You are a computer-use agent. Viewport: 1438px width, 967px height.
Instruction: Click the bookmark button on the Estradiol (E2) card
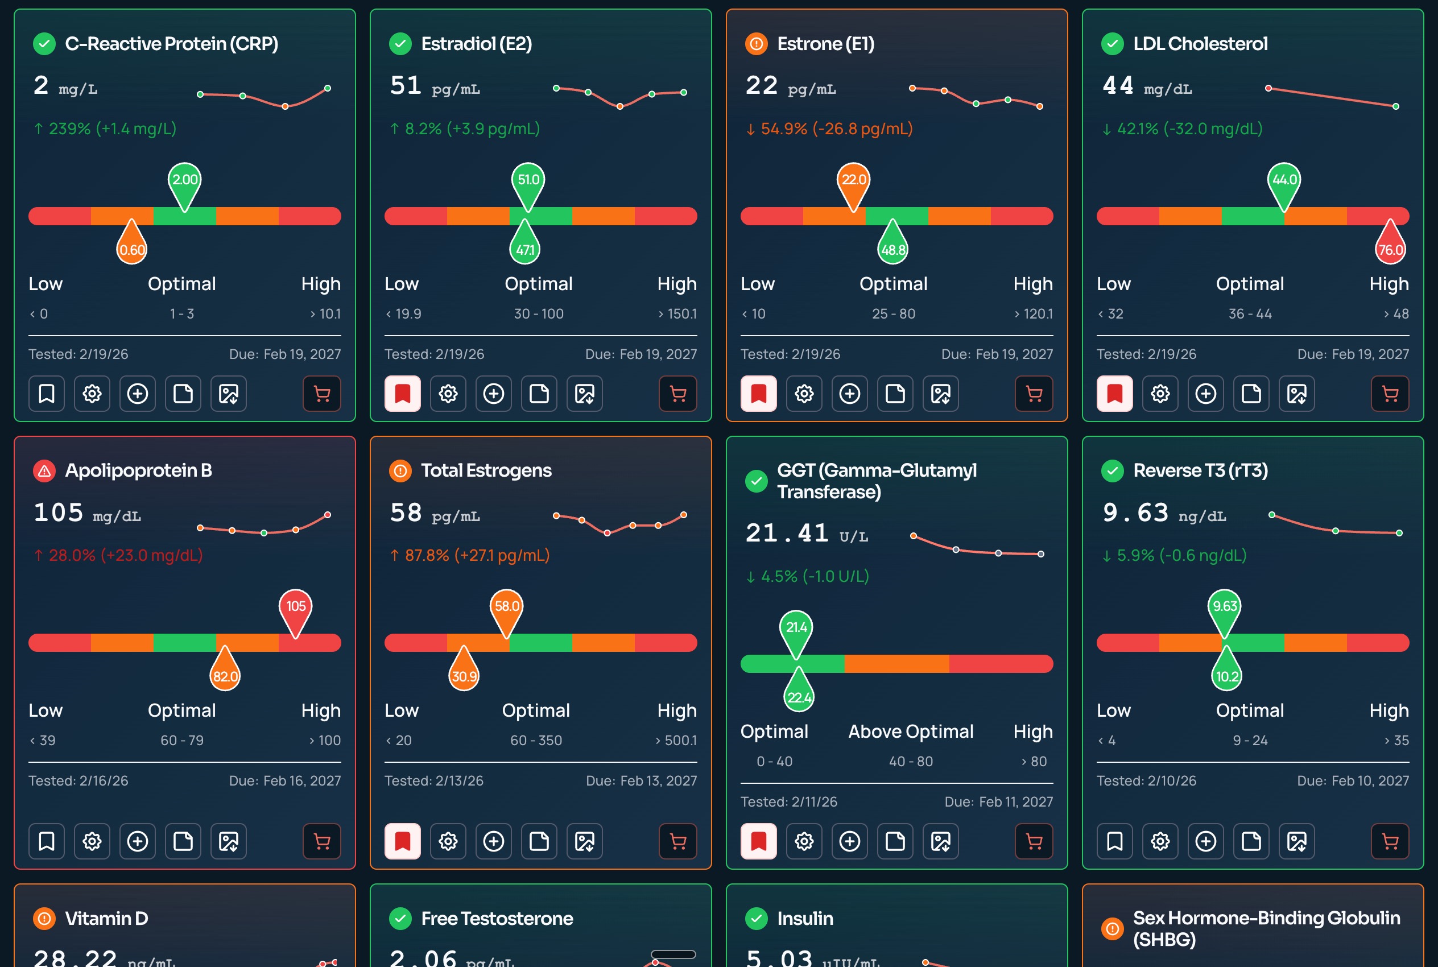click(403, 394)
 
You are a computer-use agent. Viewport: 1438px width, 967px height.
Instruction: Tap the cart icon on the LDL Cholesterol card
click(1390, 394)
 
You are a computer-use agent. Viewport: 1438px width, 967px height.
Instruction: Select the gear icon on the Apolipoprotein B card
click(92, 841)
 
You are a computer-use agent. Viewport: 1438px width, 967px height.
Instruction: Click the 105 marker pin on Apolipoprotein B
click(295, 608)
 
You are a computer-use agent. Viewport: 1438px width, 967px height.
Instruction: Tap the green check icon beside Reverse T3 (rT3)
click(1113, 471)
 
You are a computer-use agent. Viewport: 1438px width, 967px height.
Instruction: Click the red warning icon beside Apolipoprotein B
click(44, 471)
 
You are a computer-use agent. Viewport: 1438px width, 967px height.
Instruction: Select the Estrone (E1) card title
click(826, 44)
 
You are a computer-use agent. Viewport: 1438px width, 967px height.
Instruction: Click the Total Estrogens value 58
click(406, 513)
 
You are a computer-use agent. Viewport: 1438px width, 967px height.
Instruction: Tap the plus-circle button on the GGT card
click(850, 841)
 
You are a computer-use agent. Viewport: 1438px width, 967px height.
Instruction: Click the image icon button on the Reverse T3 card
click(1297, 841)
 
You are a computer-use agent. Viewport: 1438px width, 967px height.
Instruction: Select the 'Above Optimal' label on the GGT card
click(911, 732)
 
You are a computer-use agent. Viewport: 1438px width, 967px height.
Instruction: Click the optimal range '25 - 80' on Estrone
click(894, 314)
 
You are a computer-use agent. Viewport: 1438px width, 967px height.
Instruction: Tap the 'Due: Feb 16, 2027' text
click(285, 781)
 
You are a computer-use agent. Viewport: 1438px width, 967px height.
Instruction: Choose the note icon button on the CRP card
click(183, 394)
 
